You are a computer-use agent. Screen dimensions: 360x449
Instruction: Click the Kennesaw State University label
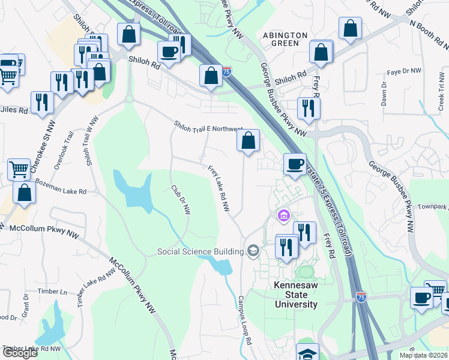point(296,295)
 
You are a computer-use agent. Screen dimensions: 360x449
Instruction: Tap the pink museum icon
point(283,215)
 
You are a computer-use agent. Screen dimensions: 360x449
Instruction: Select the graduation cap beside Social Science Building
point(253,250)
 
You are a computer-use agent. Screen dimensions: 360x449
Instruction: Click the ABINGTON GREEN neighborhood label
point(285,39)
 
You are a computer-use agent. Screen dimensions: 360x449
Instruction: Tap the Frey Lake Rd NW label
point(219,188)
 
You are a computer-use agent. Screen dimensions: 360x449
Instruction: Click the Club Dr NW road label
point(180,199)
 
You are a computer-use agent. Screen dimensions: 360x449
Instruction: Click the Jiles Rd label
point(14,110)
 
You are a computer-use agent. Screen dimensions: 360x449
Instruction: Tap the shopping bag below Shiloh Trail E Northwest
point(248,141)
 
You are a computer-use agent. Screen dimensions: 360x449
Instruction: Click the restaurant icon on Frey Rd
point(309,107)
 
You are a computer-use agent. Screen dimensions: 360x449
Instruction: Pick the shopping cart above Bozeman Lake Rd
point(19,170)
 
